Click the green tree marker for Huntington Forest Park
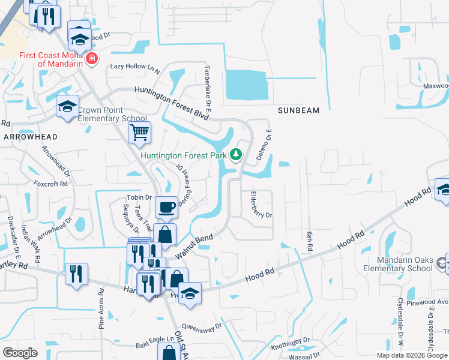(237, 155)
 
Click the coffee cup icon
(167, 208)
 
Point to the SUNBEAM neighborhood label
(298, 110)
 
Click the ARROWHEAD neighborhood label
(31, 137)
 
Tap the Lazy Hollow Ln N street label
(134, 67)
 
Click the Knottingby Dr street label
(291, 340)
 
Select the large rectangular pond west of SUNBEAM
(246, 85)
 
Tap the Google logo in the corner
(20, 353)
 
